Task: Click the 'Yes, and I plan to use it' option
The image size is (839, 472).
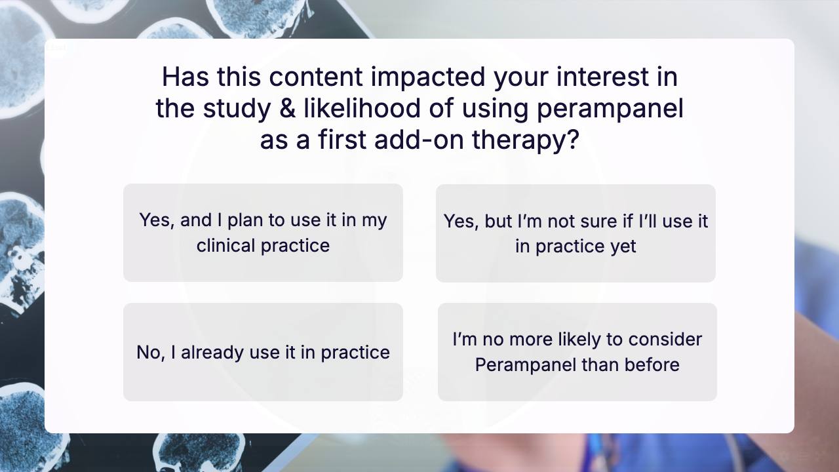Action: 263,233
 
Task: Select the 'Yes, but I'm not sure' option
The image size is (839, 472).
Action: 576,233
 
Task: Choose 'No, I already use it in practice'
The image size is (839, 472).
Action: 263,352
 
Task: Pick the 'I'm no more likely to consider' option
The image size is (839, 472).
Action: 577,352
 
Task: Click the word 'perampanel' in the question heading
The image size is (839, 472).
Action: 610,109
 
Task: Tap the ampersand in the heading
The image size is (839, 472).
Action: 287,108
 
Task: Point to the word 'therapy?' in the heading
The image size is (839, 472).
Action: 526,140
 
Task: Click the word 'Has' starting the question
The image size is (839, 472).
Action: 185,77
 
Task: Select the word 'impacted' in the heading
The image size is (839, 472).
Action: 428,77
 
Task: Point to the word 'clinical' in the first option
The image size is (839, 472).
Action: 226,246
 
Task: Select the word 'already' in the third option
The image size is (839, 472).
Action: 212,353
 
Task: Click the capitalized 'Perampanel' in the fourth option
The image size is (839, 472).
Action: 525,365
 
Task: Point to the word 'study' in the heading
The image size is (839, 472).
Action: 237,109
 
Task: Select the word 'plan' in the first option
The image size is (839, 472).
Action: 246,221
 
